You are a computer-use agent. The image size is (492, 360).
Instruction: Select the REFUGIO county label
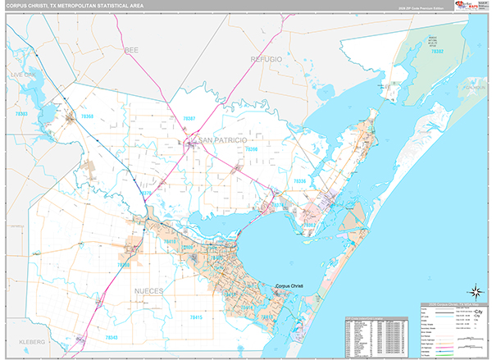[x=266, y=60]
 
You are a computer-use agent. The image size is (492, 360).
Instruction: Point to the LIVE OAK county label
[x=24, y=74]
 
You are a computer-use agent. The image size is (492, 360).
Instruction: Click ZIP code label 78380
[x=124, y=265]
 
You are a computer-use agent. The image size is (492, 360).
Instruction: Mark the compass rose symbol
[x=475, y=291]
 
